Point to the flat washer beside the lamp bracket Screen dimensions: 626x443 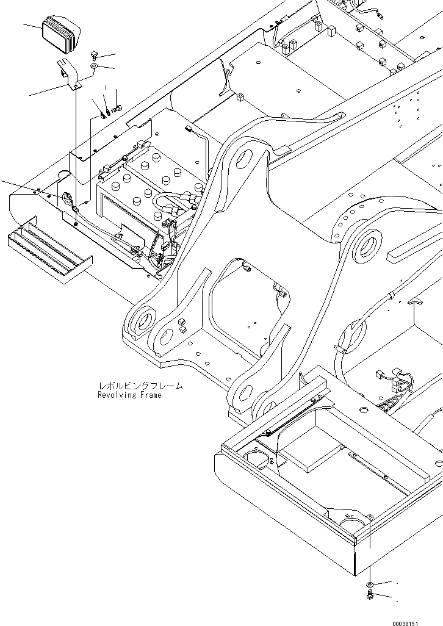[95, 66]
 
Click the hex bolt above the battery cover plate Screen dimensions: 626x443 [117, 109]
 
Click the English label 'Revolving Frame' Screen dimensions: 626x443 [129, 395]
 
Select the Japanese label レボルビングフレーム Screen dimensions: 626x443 [140, 386]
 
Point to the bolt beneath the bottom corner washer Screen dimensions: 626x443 [369, 594]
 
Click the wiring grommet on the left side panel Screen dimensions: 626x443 [65, 198]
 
